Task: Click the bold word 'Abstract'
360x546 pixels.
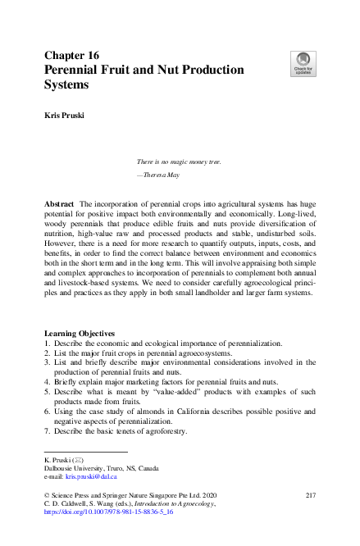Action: (62, 202)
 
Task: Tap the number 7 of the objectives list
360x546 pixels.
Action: (47, 432)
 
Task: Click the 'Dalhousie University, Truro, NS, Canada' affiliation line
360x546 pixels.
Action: (89, 468)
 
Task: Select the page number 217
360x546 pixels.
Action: (310, 496)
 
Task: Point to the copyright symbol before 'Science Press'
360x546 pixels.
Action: (46, 496)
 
